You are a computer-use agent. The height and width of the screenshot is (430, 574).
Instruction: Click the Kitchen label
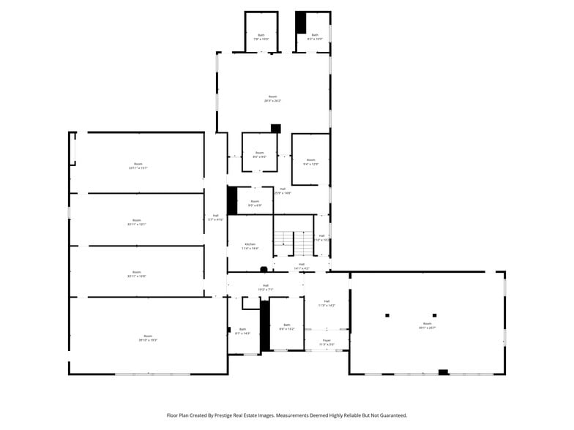pyautogui.click(x=250, y=246)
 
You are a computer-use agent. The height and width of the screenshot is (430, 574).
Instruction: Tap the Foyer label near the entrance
pyautogui.click(x=327, y=342)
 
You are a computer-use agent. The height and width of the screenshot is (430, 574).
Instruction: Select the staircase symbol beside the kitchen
pyautogui.click(x=294, y=242)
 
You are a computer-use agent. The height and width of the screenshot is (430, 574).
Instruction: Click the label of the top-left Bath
pyautogui.click(x=261, y=37)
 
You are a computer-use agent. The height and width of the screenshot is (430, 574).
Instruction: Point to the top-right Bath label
pyautogui.click(x=315, y=37)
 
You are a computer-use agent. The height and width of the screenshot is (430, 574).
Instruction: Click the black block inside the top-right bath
pyautogui.click(x=300, y=22)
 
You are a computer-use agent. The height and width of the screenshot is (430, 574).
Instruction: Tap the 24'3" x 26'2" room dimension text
pyautogui.click(x=272, y=100)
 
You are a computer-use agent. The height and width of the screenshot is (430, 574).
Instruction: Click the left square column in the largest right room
pyautogui.click(x=387, y=315)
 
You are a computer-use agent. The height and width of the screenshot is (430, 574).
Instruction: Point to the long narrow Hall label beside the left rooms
pyautogui.click(x=215, y=217)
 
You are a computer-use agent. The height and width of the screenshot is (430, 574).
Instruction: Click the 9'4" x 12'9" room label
pyautogui.click(x=310, y=164)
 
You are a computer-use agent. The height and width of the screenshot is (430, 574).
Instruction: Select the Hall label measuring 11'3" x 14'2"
pyautogui.click(x=327, y=303)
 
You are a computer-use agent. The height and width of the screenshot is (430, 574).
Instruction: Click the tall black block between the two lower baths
pyautogui.click(x=265, y=325)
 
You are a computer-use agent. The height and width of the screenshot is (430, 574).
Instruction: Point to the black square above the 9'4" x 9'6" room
pyautogui.click(x=276, y=128)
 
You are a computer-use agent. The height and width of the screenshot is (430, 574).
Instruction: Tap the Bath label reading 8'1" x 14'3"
pyautogui.click(x=243, y=331)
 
